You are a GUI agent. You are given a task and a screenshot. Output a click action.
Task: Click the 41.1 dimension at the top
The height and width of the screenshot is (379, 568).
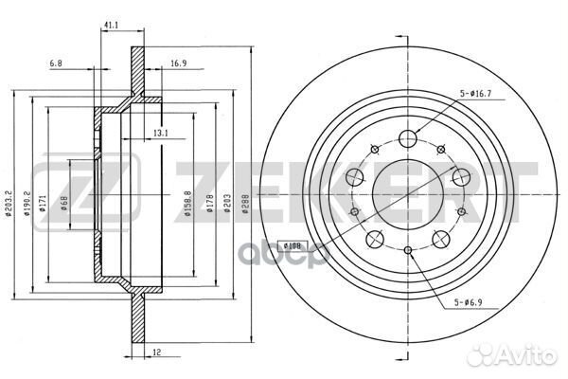coord(111,25)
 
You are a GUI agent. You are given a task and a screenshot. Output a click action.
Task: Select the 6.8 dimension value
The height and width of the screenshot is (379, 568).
coord(56,63)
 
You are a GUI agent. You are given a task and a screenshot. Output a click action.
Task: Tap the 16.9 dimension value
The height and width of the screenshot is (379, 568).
coord(178,63)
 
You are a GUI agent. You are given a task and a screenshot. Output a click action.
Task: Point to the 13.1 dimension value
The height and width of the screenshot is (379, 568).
coord(161,134)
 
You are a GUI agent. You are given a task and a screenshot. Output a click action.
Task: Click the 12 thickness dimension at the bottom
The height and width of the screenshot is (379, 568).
coord(157,352)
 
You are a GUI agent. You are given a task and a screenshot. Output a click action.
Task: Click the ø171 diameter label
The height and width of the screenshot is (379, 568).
coord(43,203)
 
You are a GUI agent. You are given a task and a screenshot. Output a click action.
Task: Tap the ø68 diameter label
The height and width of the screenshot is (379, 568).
coord(64,204)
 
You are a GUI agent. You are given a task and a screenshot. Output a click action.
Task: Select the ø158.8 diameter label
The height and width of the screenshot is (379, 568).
coord(187,204)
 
